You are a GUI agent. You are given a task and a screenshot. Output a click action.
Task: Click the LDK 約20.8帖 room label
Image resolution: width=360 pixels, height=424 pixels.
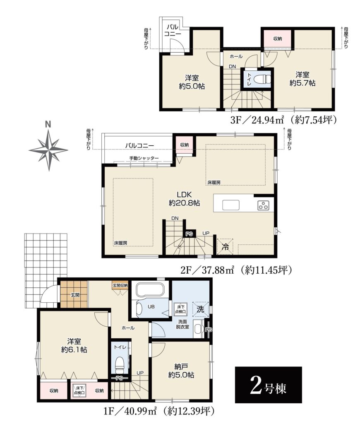click(184, 199)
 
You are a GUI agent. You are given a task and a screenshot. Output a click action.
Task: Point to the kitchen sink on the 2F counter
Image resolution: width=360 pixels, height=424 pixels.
click(231, 205)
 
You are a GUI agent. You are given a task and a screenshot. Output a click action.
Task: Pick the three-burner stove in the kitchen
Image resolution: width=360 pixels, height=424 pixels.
click(263, 205)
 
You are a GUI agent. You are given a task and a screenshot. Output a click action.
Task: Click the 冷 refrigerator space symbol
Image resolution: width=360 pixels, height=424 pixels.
click(225, 247)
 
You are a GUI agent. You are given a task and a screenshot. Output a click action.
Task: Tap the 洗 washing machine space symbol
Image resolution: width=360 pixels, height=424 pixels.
click(200, 309)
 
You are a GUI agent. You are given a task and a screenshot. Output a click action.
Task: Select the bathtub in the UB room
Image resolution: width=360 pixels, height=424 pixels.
click(150, 290)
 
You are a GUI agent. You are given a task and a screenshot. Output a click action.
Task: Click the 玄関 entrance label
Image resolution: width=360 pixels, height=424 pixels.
click(75, 295)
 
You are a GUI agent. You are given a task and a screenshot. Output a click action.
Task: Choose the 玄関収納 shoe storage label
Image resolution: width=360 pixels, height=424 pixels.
click(120, 285)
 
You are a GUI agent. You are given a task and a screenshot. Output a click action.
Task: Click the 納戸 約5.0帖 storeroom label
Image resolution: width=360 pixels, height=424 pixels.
click(181, 371)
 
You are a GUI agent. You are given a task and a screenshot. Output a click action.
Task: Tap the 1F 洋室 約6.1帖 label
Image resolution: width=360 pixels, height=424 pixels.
click(74, 346)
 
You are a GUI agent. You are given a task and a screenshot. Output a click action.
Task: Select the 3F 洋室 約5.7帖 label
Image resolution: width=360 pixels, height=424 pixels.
click(302, 79)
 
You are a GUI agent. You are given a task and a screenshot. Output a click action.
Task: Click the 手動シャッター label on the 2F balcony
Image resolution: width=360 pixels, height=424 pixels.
click(144, 158)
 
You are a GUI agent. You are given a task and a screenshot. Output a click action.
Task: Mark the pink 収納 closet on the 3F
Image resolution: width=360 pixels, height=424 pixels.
click(278, 39)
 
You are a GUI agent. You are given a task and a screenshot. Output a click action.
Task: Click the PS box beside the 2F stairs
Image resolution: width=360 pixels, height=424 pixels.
click(189, 234)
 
